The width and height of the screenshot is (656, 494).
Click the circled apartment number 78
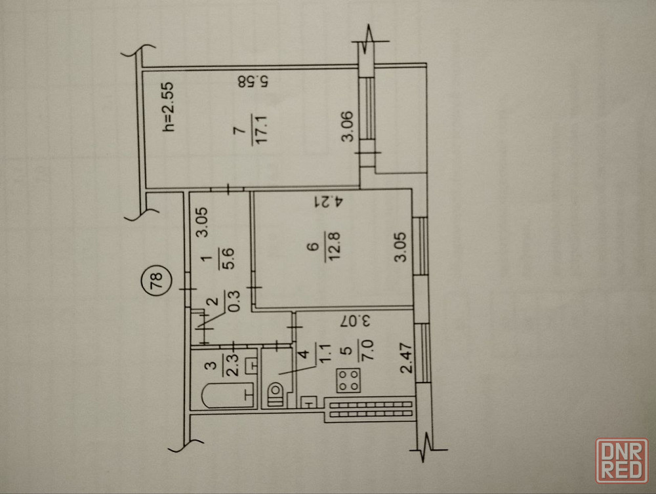pos(157,281)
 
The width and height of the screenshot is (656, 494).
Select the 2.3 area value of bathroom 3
pos(233,365)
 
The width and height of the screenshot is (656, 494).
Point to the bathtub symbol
pos(228,394)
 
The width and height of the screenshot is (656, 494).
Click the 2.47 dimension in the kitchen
pos(407,358)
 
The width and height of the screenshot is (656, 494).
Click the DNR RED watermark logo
pos(622,461)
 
